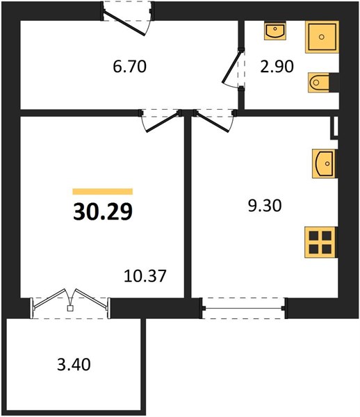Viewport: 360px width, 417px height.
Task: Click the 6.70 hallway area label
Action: [x=129, y=67]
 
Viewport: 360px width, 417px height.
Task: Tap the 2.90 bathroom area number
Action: [x=277, y=67]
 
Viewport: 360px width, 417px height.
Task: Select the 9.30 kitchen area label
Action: [x=265, y=206]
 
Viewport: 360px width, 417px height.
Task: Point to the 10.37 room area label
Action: [x=145, y=276]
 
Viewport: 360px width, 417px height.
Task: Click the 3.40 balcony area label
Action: [x=74, y=365]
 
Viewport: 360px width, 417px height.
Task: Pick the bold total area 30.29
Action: [x=103, y=212]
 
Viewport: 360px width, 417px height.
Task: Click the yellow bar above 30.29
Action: [x=103, y=192]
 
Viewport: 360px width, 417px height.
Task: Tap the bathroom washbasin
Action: [x=275, y=31]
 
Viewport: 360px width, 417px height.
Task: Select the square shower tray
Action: [x=322, y=37]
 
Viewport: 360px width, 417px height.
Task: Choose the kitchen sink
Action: [x=324, y=163]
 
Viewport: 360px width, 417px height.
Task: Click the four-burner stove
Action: [x=320, y=243]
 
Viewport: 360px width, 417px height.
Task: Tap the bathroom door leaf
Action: [x=233, y=67]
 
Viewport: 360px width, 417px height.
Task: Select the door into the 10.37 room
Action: [x=163, y=122]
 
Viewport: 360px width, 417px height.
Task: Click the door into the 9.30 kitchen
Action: [x=212, y=122]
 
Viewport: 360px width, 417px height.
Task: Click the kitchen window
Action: [x=244, y=308]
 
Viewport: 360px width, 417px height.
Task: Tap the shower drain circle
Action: [x=322, y=37]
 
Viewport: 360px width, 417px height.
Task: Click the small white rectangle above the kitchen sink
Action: [x=334, y=128]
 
